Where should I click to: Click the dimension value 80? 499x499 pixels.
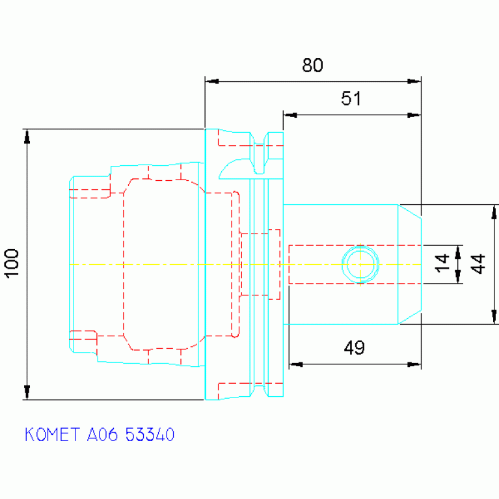[x=312, y=65]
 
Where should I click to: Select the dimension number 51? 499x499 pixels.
[x=351, y=98]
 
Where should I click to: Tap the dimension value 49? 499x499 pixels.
[x=354, y=347]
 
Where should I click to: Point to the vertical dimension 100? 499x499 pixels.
[x=12, y=264]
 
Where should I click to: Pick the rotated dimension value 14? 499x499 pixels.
[x=442, y=263]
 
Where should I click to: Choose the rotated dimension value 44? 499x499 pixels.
[x=478, y=264]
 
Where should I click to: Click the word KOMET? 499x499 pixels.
[x=52, y=435]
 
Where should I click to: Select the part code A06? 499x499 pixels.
[x=103, y=435]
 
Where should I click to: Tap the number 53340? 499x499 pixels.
[x=150, y=435]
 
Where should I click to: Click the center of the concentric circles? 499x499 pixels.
[x=360, y=264]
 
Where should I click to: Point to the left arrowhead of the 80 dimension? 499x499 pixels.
[x=212, y=81]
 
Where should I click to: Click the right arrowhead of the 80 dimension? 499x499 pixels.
[x=414, y=81]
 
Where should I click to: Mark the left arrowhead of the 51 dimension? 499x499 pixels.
[x=290, y=115]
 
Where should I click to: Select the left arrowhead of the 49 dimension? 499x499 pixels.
[x=296, y=364]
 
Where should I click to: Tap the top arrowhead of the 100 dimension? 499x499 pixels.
[x=27, y=137]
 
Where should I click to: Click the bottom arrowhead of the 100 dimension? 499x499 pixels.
[x=27, y=392]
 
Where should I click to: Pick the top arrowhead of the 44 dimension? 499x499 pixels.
[x=494, y=212]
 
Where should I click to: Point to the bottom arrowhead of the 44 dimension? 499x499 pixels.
[x=494, y=317]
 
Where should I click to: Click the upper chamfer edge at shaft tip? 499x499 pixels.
[x=410, y=211]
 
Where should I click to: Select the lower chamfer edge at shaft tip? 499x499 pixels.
[x=410, y=317]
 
